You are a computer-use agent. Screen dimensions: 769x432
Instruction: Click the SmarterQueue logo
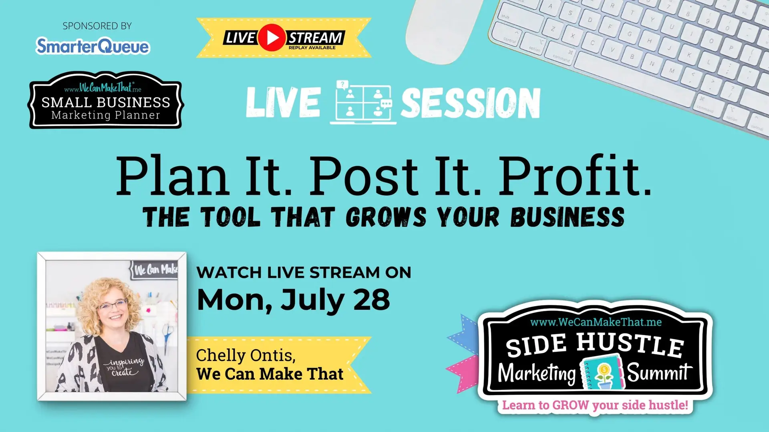click(93, 46)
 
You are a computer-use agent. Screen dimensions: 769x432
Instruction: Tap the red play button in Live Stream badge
click(272, 38)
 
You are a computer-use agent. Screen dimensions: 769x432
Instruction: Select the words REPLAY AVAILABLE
click(312, 48)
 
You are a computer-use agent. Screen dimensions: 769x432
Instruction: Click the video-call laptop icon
click(363, 102)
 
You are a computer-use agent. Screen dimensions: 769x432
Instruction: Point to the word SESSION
click(471, 103)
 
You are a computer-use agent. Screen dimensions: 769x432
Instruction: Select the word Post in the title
click(364, 176)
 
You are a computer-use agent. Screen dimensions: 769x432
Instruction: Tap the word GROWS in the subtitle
click(386, 217)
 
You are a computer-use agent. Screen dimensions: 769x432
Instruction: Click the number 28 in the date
click(372, 300)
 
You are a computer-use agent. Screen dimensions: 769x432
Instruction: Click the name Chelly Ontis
click(246, 355)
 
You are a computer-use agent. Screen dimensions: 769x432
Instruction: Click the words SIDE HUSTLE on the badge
click(595, 345)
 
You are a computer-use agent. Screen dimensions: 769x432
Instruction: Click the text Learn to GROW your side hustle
click(595, 405)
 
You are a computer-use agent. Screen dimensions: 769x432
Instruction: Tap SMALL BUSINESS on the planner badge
click(106, 102)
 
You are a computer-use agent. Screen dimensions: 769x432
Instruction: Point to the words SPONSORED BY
click(97, 26)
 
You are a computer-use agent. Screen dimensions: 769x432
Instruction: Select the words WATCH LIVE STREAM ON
click(304, 273)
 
